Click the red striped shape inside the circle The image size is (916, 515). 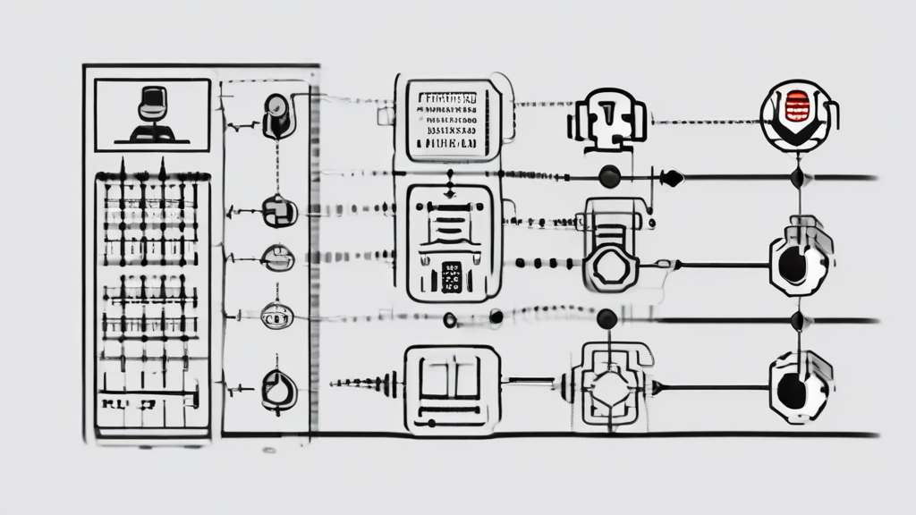pos(796,107)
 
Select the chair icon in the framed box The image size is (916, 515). pos(152,114)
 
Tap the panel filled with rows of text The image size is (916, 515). pos(452,119)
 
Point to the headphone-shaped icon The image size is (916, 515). pos(608,117)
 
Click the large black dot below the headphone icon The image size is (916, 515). pos(609,177)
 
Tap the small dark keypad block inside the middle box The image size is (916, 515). pos(452,275)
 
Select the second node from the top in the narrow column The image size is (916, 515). pos(278,213)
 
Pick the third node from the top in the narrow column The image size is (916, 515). pos(278,258)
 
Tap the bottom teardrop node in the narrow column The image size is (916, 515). pos(278,389)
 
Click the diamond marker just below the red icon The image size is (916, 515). pos(797,177)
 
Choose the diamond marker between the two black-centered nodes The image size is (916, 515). pos(796,320)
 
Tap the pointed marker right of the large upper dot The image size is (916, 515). pos(671,178)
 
